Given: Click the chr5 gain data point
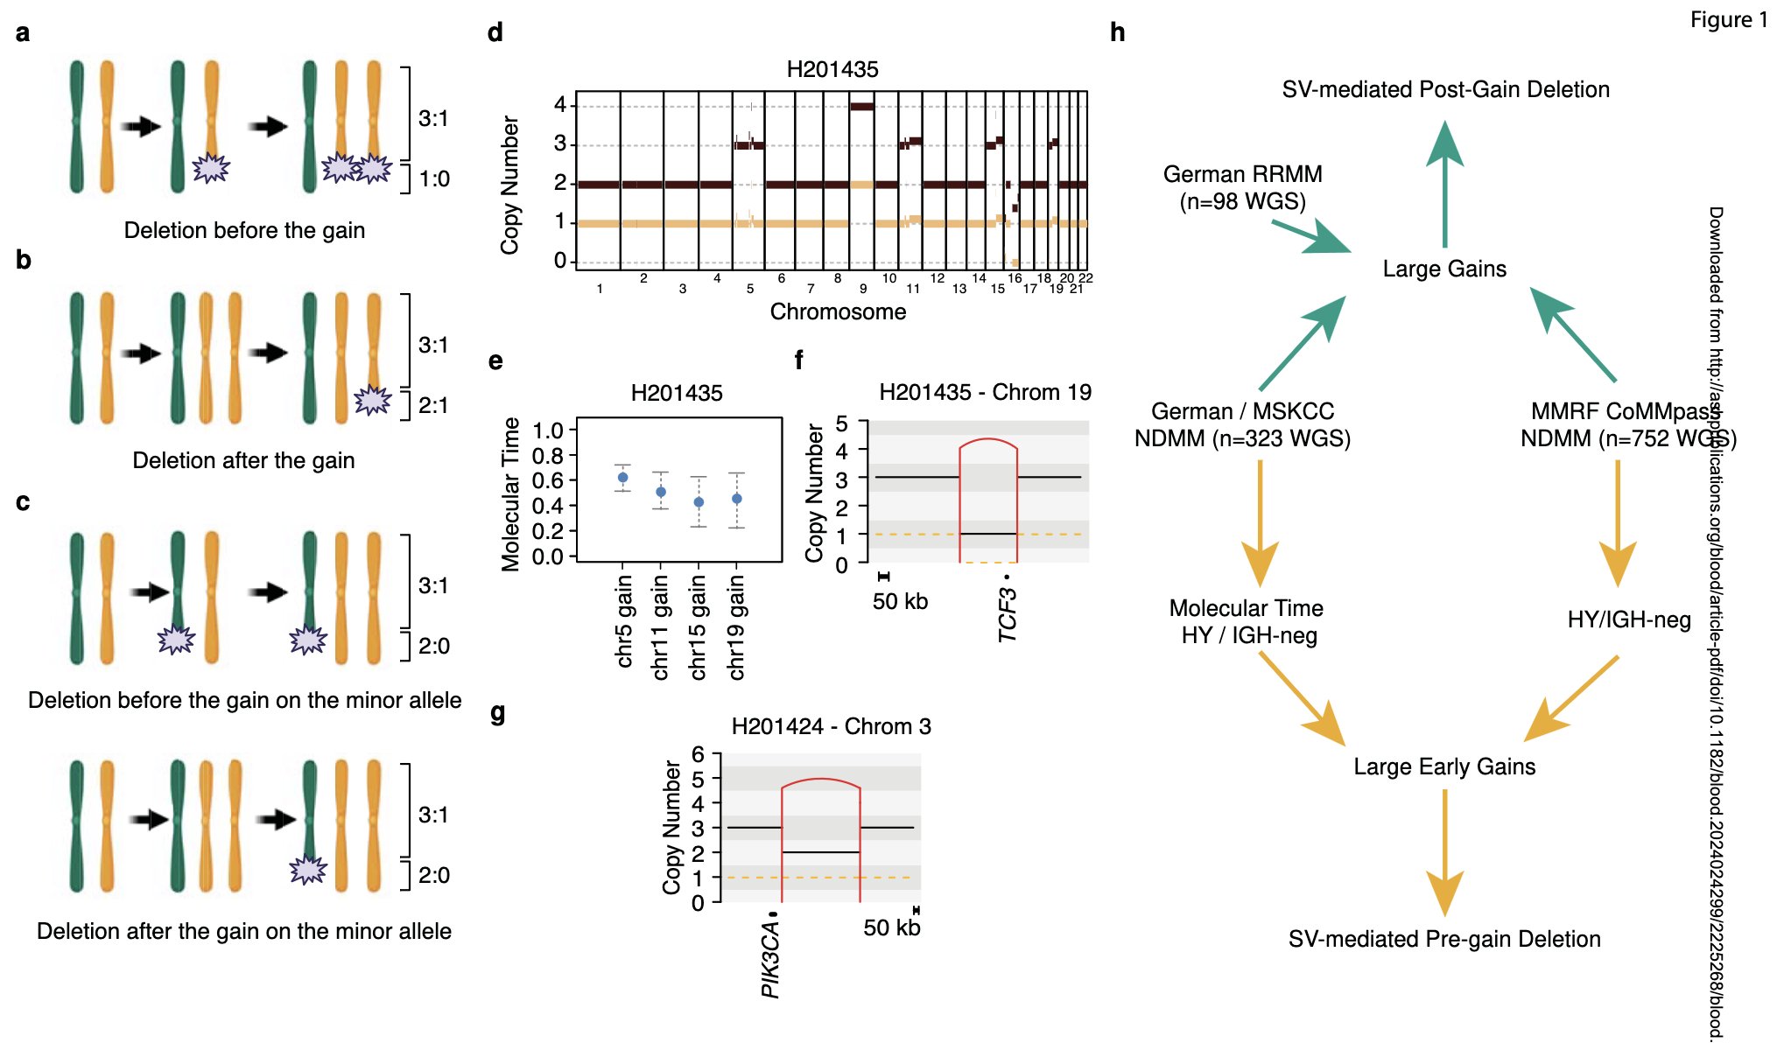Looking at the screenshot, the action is pyautogui.click(x=622, y=478).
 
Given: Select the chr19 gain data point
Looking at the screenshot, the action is pyautogui.click(x=737, y=499).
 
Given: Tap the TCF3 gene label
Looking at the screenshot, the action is pyautogui.click(x=1008, y=615).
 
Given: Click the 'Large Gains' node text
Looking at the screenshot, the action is pyautogui.click(x=1444, y=269).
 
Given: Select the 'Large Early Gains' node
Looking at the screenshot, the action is pyautogui.click(x=1444, y=766).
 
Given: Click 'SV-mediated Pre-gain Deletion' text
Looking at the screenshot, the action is pyautogui.click(x=1444, y=939).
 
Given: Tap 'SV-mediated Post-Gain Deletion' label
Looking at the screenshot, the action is pyautogui.click(x=1445, y=89).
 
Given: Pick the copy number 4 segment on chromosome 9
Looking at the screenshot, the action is pyautogui.click(x=862, y=107).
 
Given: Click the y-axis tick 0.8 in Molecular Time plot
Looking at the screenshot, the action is pyautogui.click(x=548, y=455).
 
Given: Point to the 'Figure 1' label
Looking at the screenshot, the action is pyautogui.click(x=1728, y=20).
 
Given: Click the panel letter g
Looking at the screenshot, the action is pyautogui.click(x=497, y=714).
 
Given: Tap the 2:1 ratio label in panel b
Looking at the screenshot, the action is pyautogui.click(x=432, y=405).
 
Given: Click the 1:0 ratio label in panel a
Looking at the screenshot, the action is pyautogui.click(x=434, y=179).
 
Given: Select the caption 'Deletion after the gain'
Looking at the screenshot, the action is pyautogui.click(x=243, y=460).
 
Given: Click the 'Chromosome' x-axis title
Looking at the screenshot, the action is pyautogui.click(x=838, y=311).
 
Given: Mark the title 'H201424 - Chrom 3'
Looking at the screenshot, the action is pyautogui.click(x=831, y=726).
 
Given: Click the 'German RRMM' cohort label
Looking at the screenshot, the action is pyautogui.click(x=1242, y=174).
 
